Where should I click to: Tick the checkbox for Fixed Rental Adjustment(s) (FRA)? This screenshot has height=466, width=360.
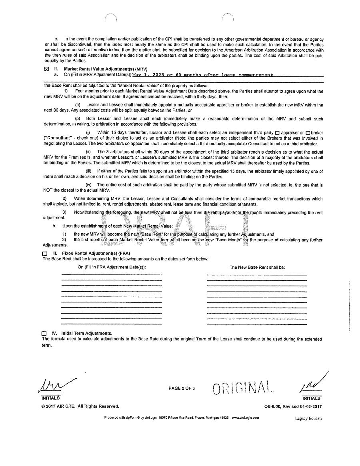click(x=44, y=254)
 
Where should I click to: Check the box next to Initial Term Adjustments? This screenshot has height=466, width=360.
click(x=44, y=333)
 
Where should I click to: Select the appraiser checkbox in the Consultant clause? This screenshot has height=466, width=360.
click(x=278, y=132)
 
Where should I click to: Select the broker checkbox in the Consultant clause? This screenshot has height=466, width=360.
click(x=308, y=132)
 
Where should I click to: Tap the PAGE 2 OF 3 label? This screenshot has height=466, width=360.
click(x=182, y=388)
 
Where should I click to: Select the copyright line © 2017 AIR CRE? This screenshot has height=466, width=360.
click(x=80, y=406)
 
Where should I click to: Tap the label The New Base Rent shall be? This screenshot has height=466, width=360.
click(x=257, y=267)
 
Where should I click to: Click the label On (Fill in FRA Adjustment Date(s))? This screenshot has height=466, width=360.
click(x=112, y=267)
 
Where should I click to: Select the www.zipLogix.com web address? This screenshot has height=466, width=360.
click(x=245, y=417)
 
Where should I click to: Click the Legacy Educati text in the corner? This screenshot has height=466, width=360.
click(x=306, y=418)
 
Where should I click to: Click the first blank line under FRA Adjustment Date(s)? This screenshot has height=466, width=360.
click(x=112, y=274)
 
